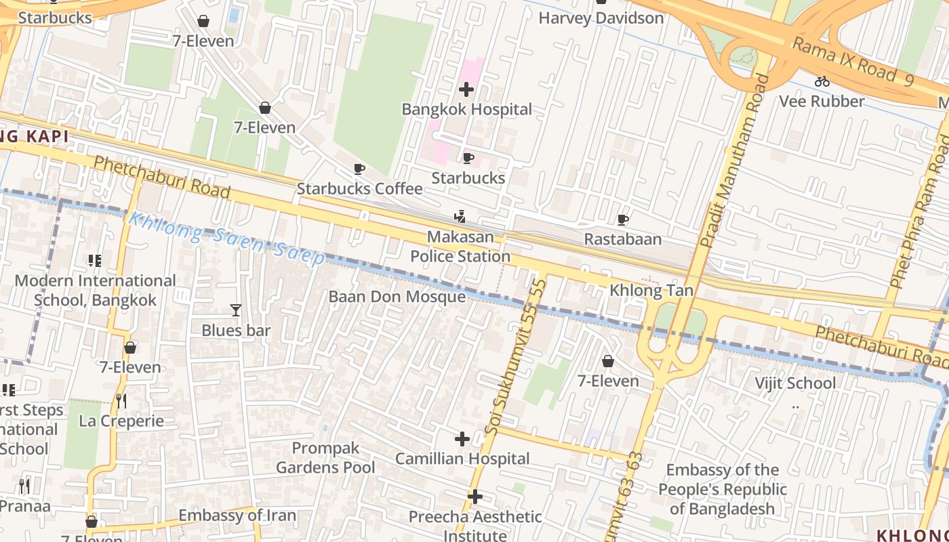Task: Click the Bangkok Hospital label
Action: point(466,109)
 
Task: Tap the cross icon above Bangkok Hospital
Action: point(466,89)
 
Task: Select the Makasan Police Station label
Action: point(460,247)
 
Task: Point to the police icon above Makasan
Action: point(460,217)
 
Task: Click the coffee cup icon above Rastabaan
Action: point(623,220)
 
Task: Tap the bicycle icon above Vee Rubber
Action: point(822,81)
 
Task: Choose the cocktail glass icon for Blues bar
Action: point(236,310)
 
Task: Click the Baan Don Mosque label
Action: point(397,297)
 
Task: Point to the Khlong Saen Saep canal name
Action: point(227,239)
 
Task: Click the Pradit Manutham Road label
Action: point(734,161)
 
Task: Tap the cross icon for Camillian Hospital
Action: point(462,439)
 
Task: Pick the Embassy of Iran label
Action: point(237,516)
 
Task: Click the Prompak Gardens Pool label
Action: point(325,458)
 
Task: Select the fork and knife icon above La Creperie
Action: point(121,400)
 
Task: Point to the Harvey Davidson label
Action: point(601,18)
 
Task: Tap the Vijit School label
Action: point(795,383)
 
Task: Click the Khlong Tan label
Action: point(651,291)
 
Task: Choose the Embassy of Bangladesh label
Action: point(723,489)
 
